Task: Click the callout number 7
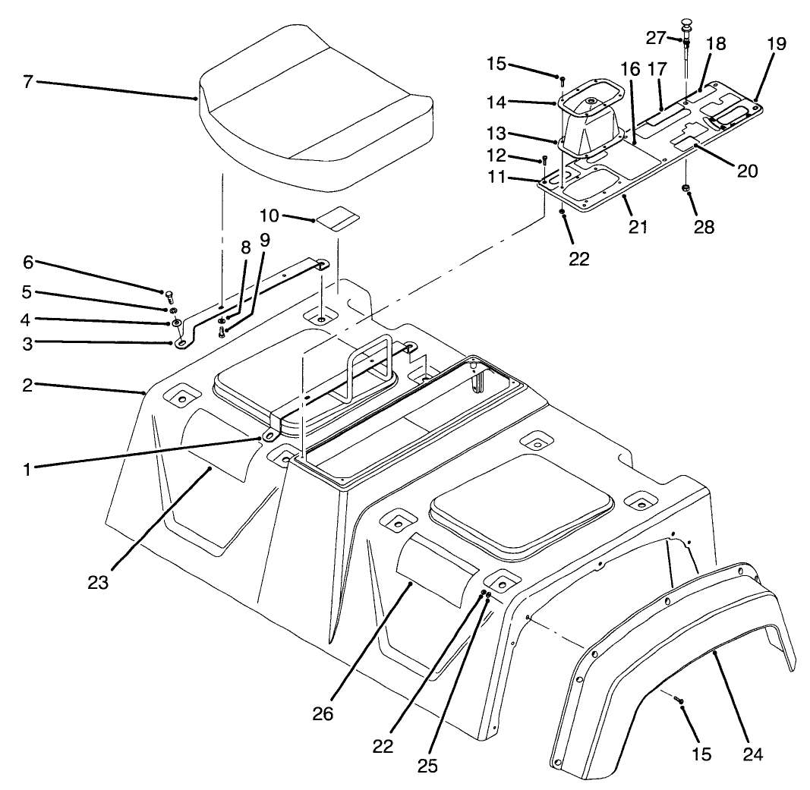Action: click(28, 81)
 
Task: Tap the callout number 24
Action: click(753, 754)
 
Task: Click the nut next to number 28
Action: click(686, 187)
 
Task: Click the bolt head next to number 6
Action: click(169, 295)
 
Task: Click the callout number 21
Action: click(638, 227)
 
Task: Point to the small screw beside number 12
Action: click(544, 161)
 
